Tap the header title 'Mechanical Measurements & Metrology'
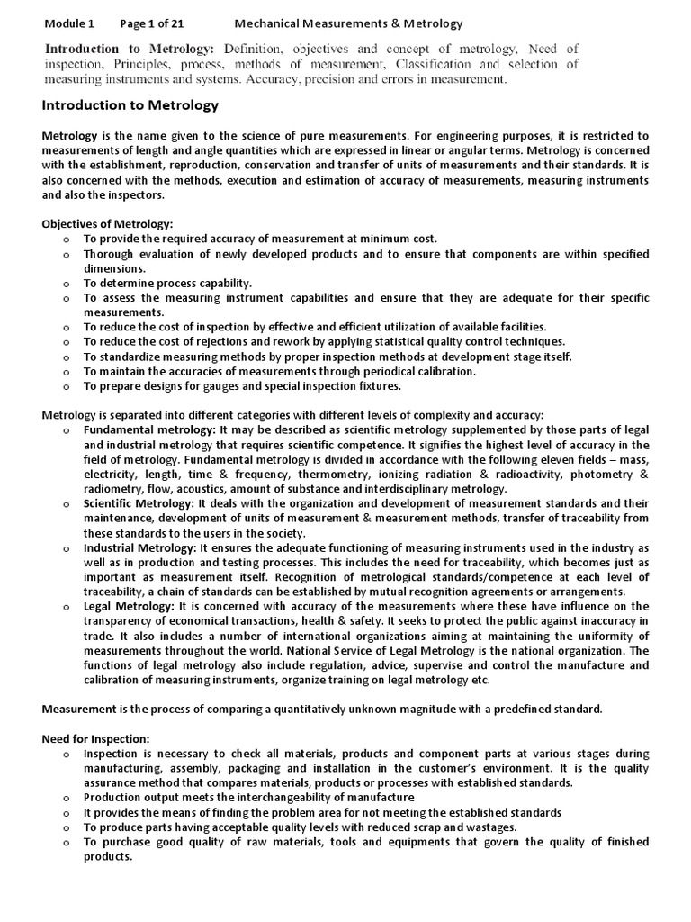point(349,23)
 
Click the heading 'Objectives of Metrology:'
point(107,224)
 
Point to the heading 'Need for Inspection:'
point(95,738)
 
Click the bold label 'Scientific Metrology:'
point(139,502)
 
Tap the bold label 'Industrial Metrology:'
point(140,547)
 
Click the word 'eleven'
point(517,459)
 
